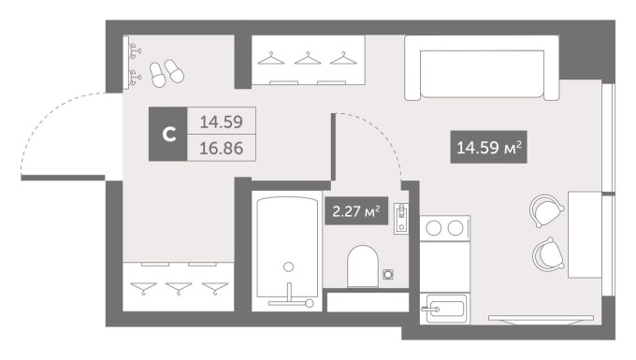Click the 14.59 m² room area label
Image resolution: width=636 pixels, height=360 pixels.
point(488,147)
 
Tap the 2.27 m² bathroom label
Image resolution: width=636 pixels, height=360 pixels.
point(356,210)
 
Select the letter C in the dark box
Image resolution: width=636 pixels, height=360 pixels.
point(168,134)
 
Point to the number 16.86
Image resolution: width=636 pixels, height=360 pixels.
point(221,149)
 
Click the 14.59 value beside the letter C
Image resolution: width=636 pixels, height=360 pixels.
point(221,122)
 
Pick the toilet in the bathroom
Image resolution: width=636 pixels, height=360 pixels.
point(363,266)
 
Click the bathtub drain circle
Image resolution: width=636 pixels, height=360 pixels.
point(288,266)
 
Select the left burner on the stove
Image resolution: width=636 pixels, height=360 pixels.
point(434,228)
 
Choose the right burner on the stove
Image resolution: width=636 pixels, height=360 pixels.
point(455,228)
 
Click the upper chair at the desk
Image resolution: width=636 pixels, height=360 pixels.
point(546,210)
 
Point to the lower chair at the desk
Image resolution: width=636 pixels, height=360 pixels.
point(548,254)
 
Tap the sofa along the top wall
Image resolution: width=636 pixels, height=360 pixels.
point(482,67)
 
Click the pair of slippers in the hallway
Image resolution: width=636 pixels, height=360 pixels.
point(166,73)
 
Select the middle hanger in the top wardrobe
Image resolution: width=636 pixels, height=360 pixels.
point(308,58)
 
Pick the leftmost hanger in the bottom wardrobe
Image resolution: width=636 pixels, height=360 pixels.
point(143,288)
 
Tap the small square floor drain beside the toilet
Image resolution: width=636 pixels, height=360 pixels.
point(388,275)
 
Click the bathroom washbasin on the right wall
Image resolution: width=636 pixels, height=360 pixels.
point(401,218)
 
